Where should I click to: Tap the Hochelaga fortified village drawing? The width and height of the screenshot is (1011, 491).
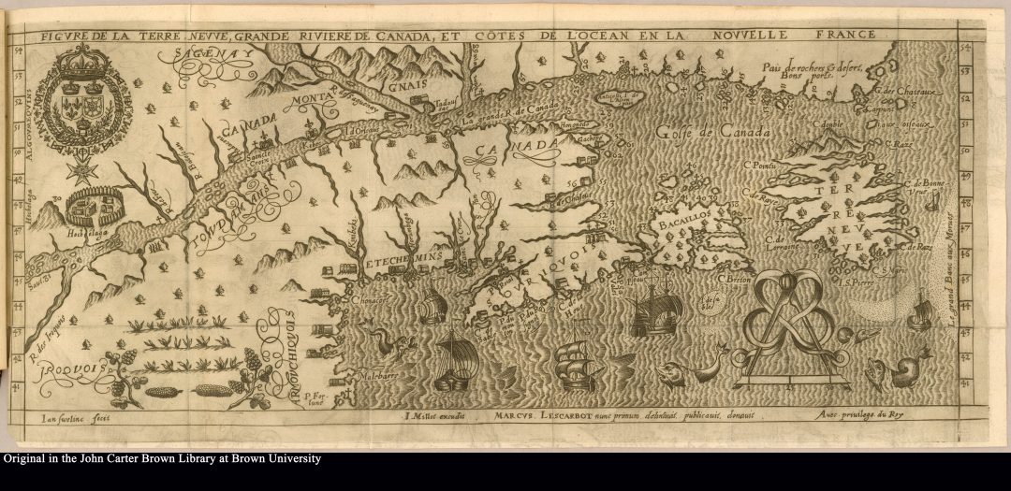[90, 204]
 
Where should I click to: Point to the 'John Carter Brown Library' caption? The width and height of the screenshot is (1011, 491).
[161, 459]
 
